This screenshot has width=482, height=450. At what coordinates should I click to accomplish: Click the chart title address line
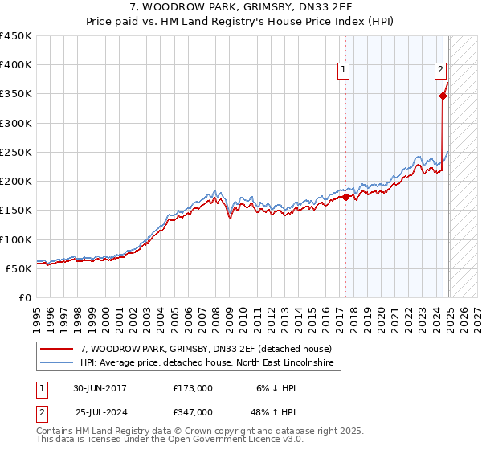pos(240,7)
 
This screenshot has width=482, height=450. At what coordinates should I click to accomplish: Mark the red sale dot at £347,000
pos(443,96)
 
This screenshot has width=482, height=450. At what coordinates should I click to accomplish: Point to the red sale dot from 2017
pos(346,197)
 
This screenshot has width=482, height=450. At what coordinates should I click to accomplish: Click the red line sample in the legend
pos(57,350)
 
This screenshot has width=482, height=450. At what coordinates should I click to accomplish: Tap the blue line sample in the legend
pos(57,364)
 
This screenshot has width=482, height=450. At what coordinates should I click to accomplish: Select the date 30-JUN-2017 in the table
pos(100,388)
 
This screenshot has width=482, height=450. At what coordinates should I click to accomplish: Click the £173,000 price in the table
pos(193,388)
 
